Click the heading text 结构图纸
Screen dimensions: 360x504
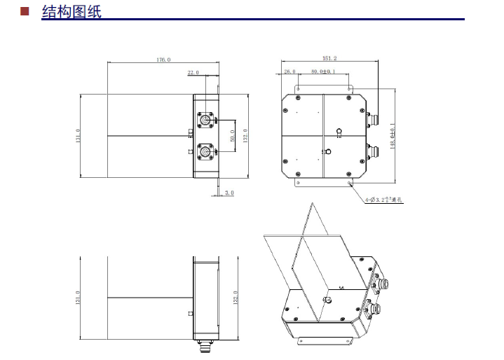tap(71, 11)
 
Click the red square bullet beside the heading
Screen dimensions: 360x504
tap(25, 11)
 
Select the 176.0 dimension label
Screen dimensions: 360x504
tap(163, 60)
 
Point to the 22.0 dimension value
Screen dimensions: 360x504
tap(193, 72)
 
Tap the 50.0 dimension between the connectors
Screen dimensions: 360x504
tap(233, 135)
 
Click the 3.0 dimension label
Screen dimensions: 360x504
tap(229, 193)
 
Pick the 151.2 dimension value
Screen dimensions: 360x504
tap(329, 58)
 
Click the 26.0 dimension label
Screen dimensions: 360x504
tap(290, 71)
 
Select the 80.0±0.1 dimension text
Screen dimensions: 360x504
tap(324, 71)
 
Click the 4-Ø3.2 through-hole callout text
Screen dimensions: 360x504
tap(384, 200)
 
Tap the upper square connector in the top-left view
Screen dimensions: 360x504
tap(206, 120)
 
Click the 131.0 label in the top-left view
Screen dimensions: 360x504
tap(78, 135)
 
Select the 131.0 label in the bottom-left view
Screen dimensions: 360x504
tap(78, 298)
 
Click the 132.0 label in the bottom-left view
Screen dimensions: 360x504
tap(236, 298)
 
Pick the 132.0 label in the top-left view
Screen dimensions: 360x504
tap(245, 135)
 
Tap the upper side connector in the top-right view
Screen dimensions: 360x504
tap(372, 117)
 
